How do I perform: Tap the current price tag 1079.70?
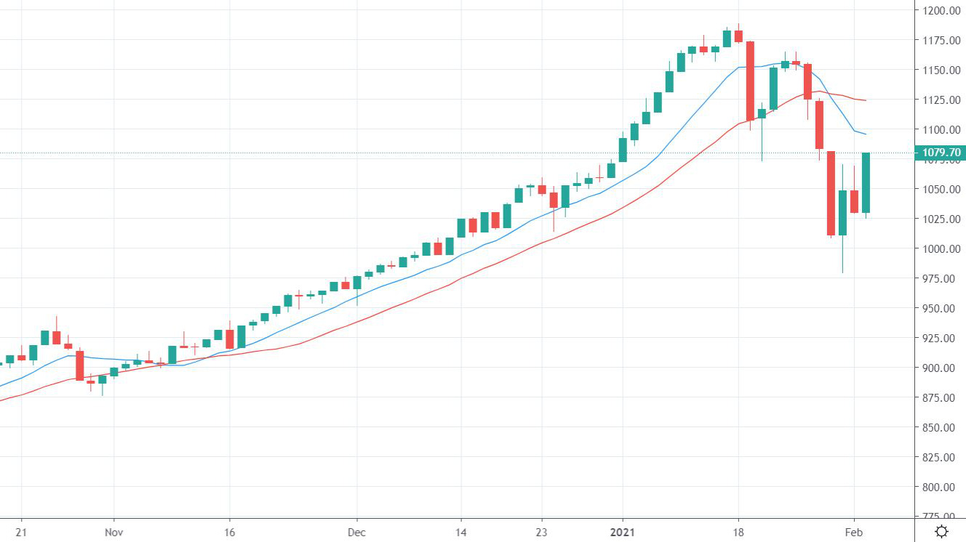(x=941, y=153)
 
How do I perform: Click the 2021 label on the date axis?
(x=622, y=532)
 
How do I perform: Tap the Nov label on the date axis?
(x=113, y=532)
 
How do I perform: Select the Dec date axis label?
(x=357, y=532)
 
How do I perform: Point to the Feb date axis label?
(x=855, y=532)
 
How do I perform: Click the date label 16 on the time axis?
(x=229, y=532)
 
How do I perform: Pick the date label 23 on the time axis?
(x=541, y=532)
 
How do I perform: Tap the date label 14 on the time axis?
(x=460, y=532)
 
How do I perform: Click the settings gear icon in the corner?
(x=941, y=531)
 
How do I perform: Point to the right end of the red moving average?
(x=865, y=100)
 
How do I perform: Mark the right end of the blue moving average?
(x=865, y=134)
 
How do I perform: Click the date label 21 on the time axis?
(x=21, y=532)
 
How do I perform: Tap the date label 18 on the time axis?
(x=738, y=532)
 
